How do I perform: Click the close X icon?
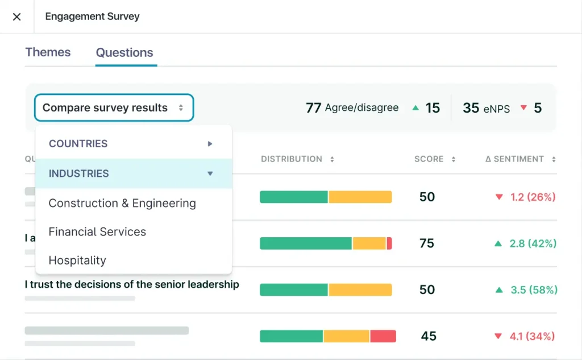(16, 16)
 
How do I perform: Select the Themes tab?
(48, 52)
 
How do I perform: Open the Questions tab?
(124, 53)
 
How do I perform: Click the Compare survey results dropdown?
(114, 107)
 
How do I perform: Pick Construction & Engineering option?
(122, 203)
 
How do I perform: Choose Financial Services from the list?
(97, 231)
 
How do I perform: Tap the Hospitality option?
(77, 260)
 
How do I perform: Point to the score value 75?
(427, 243)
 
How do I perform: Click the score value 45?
(429, 336)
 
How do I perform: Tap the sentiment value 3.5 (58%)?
(526, 290)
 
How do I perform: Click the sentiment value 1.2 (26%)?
(525, 197)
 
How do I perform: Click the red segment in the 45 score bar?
(383, 336)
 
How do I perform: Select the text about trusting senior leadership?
(132, 284)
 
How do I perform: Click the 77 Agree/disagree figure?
(352, 107)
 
